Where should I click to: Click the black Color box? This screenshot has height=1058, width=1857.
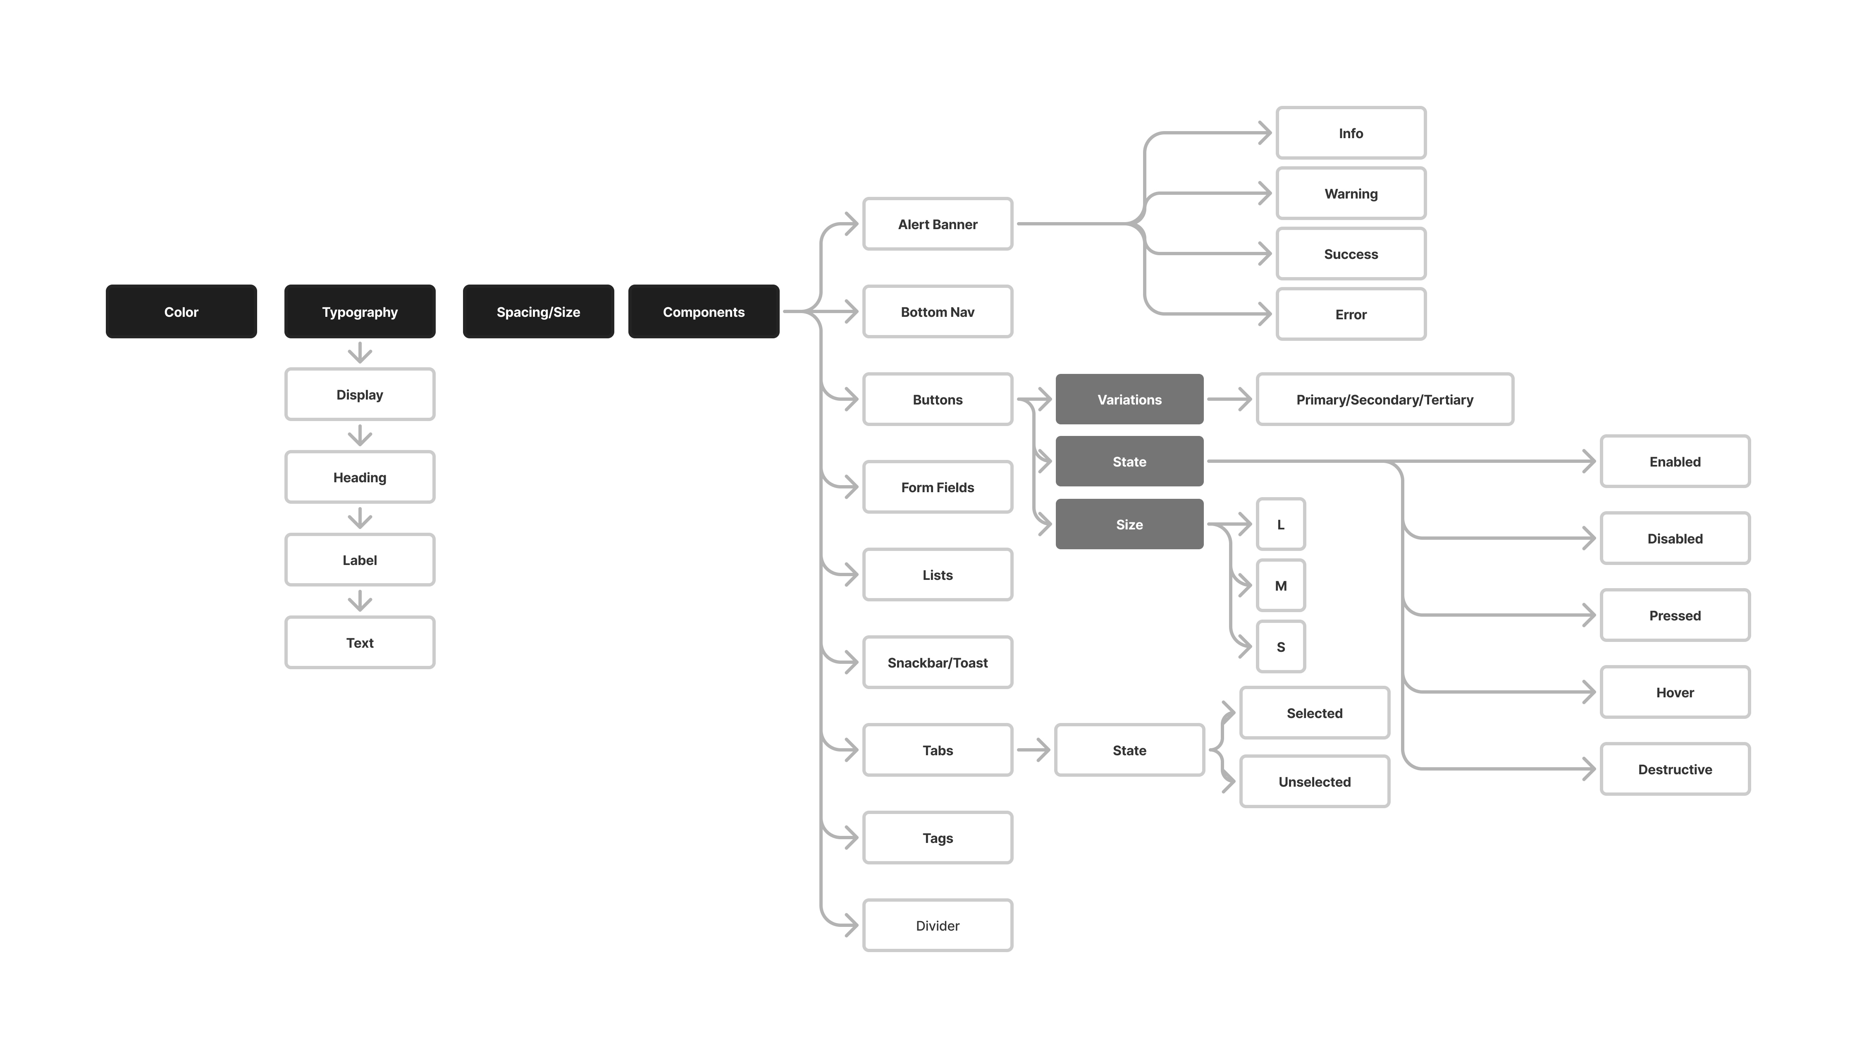pos(181,312)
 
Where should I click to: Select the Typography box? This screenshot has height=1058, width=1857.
pos(360,312)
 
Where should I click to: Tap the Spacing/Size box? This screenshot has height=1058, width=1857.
pos(538,312)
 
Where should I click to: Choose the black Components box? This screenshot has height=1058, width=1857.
pos(703,312)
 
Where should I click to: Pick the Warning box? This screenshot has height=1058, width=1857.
pos(1351,193)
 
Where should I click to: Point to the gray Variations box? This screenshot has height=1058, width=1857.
pos(1129,399)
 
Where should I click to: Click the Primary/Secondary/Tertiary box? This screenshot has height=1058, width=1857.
pos(1384,399)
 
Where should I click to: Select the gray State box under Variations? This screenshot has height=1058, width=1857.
pos(1129,462)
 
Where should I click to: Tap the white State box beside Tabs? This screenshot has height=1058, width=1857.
pos(1129,750)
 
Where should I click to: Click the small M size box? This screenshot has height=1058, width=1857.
pos(1280,586)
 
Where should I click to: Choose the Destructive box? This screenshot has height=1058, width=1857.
pos(1675,769)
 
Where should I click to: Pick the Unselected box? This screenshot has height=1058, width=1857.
pos(1315,781)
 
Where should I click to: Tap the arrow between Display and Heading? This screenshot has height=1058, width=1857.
pos(360,436)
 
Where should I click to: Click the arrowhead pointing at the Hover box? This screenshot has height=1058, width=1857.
pos(1588,692)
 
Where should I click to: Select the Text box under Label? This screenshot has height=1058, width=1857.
pos(360,642)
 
